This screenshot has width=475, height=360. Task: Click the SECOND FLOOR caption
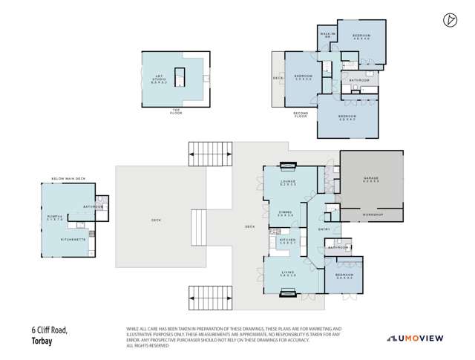pyautogui.click(x=300, y=116)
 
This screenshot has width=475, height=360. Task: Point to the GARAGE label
pyautogui.click(x=371, y=179)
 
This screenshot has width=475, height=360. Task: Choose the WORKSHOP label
pyautogui.click(x=371, y=215)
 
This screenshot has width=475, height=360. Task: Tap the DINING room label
pyautogui.click(x=284, y=213)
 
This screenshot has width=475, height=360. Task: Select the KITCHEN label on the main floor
pyautogui.click(x=287, y=240)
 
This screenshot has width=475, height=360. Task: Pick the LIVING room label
pyautogui.click(x=287, y=275)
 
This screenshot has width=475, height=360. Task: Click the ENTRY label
pyautogui.click(x=324, y=229)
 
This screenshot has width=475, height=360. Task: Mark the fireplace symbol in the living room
pyautogui.click(x=287, y=292)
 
